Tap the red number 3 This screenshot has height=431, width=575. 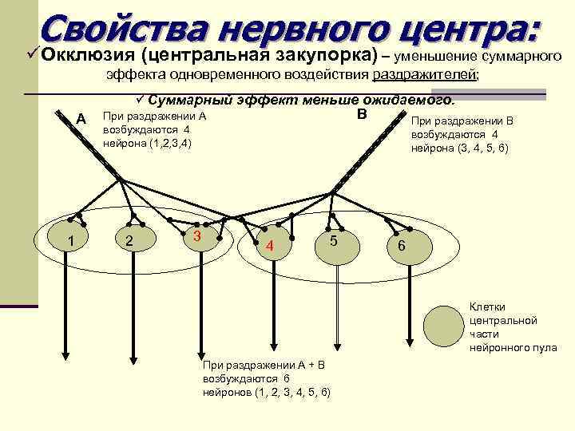point(196,238)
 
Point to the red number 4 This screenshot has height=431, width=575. point(270,247)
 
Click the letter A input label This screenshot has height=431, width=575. point(80,119)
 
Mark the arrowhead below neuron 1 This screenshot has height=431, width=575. point(65,362)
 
